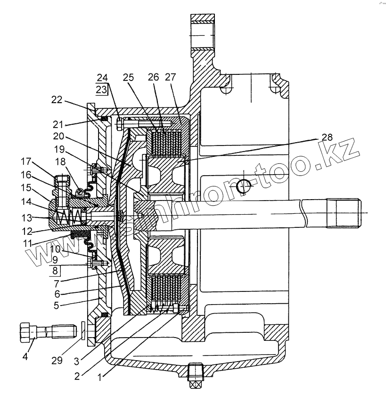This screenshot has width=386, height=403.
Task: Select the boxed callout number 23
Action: (x=102, y=88)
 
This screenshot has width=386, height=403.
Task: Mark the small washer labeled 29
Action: (x=83, y=331)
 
